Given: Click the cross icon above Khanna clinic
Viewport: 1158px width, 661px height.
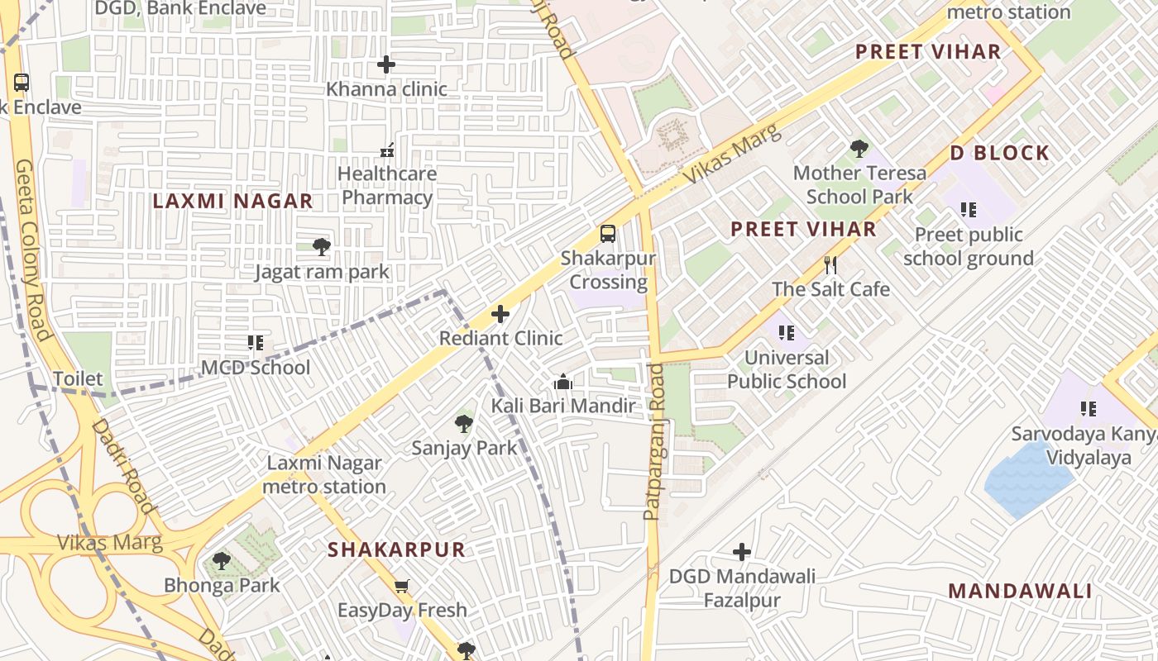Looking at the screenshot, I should point(385,64).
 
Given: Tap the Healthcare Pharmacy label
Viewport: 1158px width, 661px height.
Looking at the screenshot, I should point(387,186).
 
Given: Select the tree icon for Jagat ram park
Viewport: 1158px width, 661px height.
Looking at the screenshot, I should point(322,246).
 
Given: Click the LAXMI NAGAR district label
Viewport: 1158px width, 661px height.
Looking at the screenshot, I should point(233,201).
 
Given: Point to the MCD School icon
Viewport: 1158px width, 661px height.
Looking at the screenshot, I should point(256,342).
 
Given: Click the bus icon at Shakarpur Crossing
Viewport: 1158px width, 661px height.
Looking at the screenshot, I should point(608,233).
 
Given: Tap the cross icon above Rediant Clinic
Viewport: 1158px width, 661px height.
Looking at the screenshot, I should point(500,314).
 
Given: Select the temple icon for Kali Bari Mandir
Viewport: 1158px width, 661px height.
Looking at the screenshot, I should point(563,382).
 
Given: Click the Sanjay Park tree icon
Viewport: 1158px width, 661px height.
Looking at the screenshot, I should point(464,424).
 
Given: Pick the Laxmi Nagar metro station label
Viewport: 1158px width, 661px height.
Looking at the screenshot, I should point(324,475).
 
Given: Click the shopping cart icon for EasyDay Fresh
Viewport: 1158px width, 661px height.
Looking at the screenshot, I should point(402,586).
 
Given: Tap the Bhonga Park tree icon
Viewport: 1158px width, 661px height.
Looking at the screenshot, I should point(221,561).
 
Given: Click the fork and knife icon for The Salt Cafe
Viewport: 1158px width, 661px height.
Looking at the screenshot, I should point(831,265).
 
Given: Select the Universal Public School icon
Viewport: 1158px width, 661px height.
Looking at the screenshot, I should point(787,333).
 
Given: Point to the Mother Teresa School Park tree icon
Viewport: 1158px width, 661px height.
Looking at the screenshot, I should point(859,149).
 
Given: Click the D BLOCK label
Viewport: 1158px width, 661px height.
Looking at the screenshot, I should point(999,153).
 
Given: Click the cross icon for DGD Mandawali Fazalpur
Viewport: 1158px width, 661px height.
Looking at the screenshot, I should point(742,551).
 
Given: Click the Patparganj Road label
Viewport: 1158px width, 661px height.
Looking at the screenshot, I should point(653,442).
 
